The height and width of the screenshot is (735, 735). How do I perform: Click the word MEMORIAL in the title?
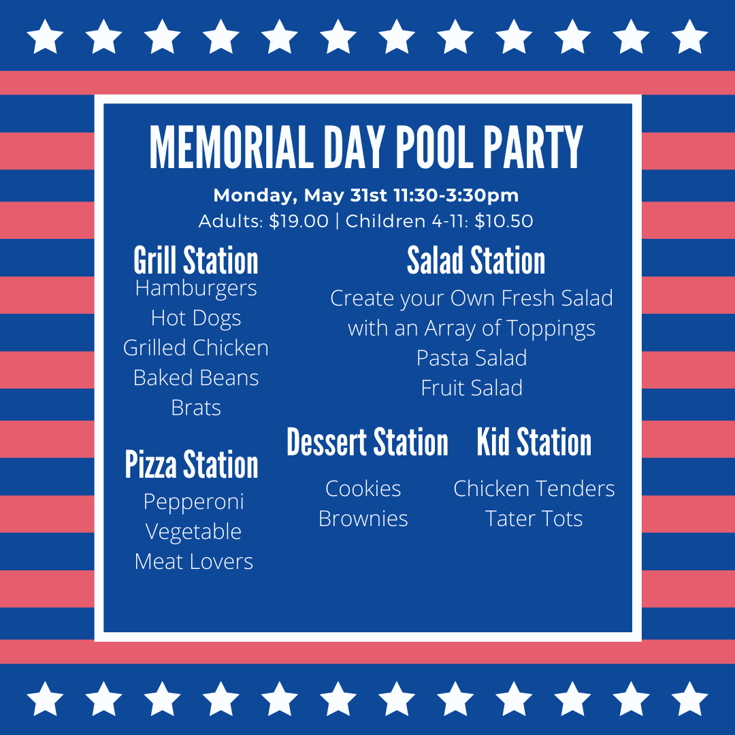[231, 147]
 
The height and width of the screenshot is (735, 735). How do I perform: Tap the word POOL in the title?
[435, 147]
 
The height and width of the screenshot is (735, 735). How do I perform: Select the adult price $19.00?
[299, 221]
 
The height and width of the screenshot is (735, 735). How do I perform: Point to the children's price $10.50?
[504, 221]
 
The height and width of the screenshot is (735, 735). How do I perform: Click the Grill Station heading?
[196, 260]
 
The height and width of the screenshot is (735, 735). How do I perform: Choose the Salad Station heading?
[476, 260]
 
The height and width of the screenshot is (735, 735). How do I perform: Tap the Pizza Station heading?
[191, 464]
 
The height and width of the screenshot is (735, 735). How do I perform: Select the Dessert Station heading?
[367, 442]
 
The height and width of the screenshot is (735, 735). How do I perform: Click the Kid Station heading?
[534, 442]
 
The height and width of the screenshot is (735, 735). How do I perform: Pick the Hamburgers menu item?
[196, 289]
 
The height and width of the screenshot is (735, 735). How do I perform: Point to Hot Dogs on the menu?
[196, 318]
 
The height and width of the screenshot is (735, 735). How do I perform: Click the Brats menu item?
[196, 408]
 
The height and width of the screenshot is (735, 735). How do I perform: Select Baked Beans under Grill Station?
[196, 378]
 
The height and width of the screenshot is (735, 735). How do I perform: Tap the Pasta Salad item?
[472, 358]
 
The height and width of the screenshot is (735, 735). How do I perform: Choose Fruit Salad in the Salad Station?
[472, 388]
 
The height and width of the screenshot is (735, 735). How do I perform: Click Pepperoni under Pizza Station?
[193, 502]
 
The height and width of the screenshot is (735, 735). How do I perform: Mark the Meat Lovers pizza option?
[193, 561]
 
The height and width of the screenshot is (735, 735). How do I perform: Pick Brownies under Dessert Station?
[363, 519]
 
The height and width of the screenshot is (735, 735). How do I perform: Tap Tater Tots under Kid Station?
[534, 519]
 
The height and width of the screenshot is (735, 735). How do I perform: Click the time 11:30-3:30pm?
[456, 195]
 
